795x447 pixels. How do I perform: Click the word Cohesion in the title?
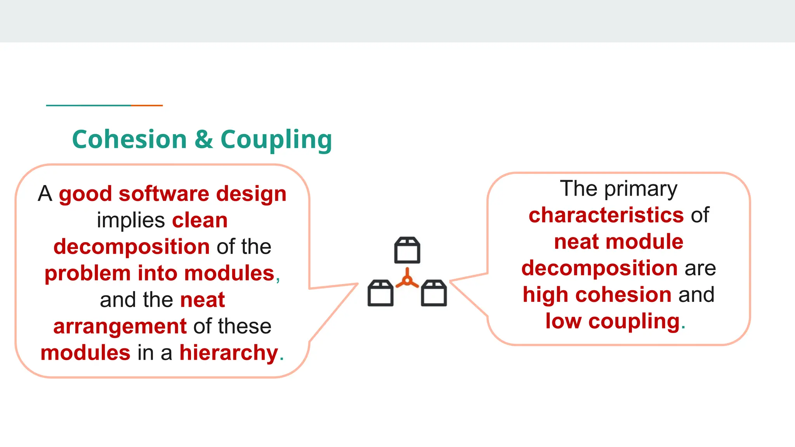click(129, 139)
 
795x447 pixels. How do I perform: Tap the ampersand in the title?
click(204, 139)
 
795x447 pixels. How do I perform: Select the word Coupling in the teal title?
click(276, 140)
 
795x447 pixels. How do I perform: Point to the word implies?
click(131, 221)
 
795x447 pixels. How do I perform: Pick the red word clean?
click(200, 220)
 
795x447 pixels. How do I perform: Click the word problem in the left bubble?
click(87, 274)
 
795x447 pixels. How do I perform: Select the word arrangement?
click(120, 326)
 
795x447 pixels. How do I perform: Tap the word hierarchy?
click(229, 353)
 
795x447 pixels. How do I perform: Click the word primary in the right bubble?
click(641, 189)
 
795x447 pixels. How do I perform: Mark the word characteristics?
click(606, 215)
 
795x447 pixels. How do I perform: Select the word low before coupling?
click(563, 321)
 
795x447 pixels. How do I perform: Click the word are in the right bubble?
click(700, 269)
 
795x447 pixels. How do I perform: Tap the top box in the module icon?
click(407, 250)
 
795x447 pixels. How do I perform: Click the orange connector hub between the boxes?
click(407, 280)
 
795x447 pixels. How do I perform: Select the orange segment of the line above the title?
click(147, 105)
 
